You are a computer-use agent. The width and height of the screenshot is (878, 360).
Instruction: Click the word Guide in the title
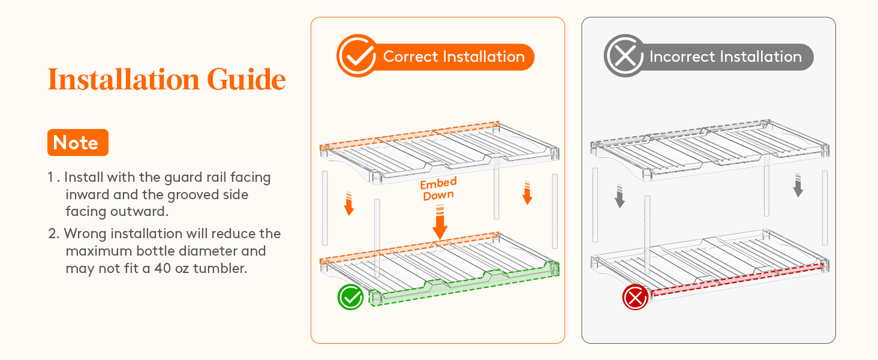coord(246,79)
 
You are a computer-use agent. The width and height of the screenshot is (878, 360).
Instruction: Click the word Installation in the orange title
coord(124,79)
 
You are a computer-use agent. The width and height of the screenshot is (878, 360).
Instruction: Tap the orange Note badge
coord(77,142)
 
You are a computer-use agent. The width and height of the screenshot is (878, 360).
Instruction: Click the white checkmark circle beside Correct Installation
coord(357,56)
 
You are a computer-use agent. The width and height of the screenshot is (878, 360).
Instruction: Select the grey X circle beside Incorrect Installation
coord(624,56)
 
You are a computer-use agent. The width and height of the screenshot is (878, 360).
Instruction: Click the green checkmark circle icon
coord(350,297)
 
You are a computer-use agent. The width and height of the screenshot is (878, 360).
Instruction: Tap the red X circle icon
coord(635,297)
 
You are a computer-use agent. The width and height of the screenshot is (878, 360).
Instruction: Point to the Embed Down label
coord(438,188)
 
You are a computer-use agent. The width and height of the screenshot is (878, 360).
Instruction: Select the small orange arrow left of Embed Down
coord(349,203)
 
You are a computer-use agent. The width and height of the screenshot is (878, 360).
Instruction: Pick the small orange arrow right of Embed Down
coord(527,193)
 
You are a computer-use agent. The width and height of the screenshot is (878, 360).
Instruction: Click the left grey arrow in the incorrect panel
coord(620,196)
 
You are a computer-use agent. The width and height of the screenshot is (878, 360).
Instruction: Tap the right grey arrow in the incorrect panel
coord(798,185)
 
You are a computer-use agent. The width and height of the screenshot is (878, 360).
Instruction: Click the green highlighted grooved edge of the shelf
coord(464,284)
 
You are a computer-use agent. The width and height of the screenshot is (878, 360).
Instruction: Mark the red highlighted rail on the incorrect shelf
coord(737,279)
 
